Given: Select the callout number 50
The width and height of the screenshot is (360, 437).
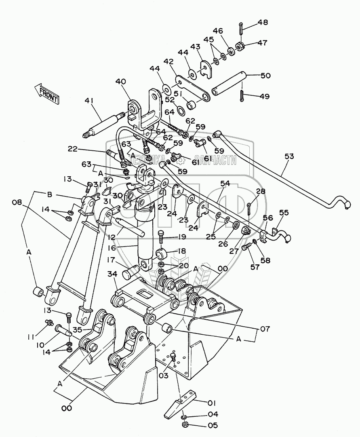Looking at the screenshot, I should point(265,76).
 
